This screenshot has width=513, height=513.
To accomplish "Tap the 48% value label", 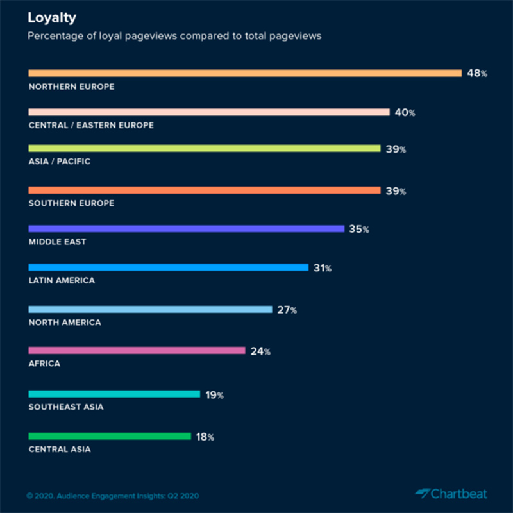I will click(x=476, y=73).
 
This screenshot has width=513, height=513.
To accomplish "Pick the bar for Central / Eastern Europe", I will click(x=209, y=112).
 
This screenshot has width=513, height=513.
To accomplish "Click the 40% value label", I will click(x=405, y=113).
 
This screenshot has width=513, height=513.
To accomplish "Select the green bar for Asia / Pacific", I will click(x=205, y=149).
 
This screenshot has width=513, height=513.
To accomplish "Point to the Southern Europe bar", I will click(x=205, y=190).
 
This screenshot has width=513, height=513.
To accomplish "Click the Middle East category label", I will click(x=58, y=242).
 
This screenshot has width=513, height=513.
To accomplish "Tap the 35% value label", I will click(x=358, y=229).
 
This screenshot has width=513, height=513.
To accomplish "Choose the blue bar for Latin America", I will click(x=169, y=267).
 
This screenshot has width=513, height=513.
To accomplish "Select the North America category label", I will click(x=65, y=323).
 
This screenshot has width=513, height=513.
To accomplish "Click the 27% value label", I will click(x=286, y=310).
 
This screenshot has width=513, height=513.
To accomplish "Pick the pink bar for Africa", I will click(x=137, y=350).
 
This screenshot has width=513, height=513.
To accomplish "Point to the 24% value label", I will click(x=259, y=351).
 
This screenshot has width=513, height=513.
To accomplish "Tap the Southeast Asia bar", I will click(x=114, y=394).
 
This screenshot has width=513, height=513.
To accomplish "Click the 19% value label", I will click(x=214, y=395).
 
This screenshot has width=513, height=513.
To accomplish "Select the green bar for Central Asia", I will click(x=110, y=436).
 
